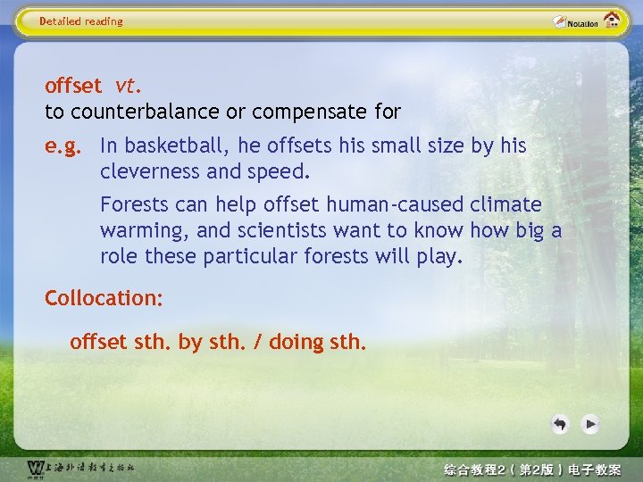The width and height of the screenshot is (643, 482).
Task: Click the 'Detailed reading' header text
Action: pyautogui.click(x=81, y=21)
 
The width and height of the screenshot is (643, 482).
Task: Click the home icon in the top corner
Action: pyautogui.click(x=612, y=20)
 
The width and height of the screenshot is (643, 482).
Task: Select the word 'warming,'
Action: pyautogui.click(x=145, y=230)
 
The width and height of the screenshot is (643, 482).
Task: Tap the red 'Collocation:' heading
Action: pyautogui.click(x=104, y=298)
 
